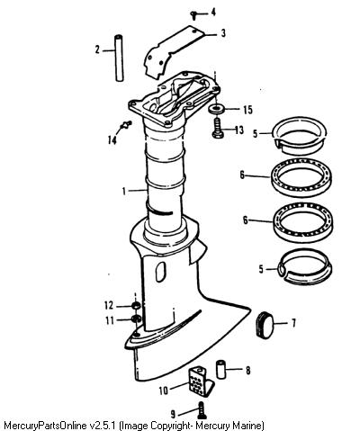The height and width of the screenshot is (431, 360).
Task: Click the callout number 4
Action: click(213, 13)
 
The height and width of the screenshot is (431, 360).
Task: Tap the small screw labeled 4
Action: click(193, 14)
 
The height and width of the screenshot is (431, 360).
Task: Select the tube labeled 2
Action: click(120, 58)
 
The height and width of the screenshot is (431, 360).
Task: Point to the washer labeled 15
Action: click(216, 109)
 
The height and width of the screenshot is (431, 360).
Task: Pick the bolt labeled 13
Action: click(218, 129)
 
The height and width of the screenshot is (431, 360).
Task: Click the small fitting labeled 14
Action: click(126, 125)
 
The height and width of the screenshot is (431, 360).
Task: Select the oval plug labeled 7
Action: click(265, 325)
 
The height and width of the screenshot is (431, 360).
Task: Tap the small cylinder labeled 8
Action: click(221, 370)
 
